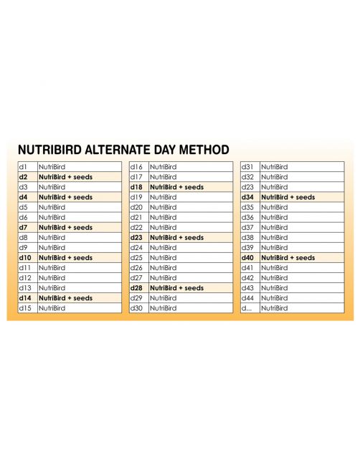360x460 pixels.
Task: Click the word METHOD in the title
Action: pyautogui.click(x=204, y=150)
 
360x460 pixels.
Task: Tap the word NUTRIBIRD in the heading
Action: pyautogui.click(x=49, y=150)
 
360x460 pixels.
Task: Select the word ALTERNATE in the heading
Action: pyautogui.click(x=118, y=150)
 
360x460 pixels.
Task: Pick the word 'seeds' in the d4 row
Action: pyautogui.click(x=82, y=197)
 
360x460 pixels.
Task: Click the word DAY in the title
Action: pyautogui.click(x=165, y=150)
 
